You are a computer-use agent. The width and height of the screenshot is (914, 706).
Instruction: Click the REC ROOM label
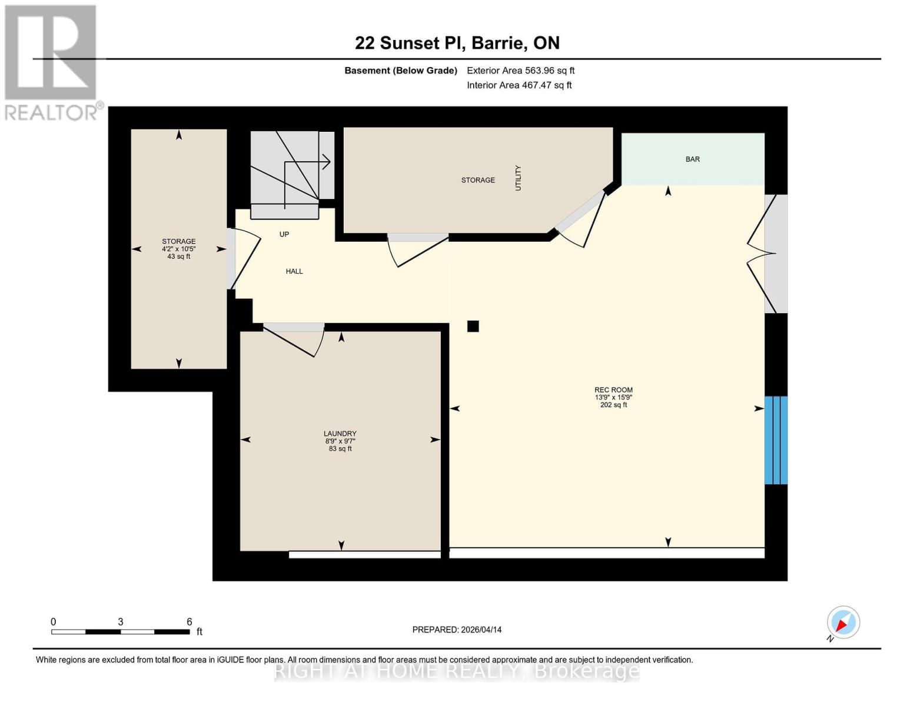click(x=613, y=390)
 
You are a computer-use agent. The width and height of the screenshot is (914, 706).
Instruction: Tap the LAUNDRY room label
click(x=340, y=434)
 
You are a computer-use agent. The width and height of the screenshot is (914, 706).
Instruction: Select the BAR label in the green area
click(x=692, y=159)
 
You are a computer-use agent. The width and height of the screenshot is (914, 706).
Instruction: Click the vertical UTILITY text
click(x=519, y=178)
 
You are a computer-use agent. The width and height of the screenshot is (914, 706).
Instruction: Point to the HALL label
click(x=294, y=271)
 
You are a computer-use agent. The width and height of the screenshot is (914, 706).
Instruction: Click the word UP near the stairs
click(x=284, y=234)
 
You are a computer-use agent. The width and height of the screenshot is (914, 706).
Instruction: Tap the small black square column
click(x=473, y=326)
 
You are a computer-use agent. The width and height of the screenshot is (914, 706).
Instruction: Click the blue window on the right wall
click(x=775, y=440)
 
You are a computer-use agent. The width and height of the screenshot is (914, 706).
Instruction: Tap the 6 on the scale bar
click(x=190, y=622)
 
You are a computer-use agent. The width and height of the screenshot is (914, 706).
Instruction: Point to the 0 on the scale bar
click(x=54, y=622)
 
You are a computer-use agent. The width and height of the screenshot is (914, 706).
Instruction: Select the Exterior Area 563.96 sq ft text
click(x=520, y=71)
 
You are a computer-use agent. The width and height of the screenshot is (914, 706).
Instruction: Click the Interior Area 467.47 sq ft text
click(x=519, y=85)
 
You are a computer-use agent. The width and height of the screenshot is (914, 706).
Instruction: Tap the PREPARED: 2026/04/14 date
click(x=457, y=630)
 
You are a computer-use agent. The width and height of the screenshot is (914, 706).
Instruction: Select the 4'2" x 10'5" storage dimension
click(x=179, y=249)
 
